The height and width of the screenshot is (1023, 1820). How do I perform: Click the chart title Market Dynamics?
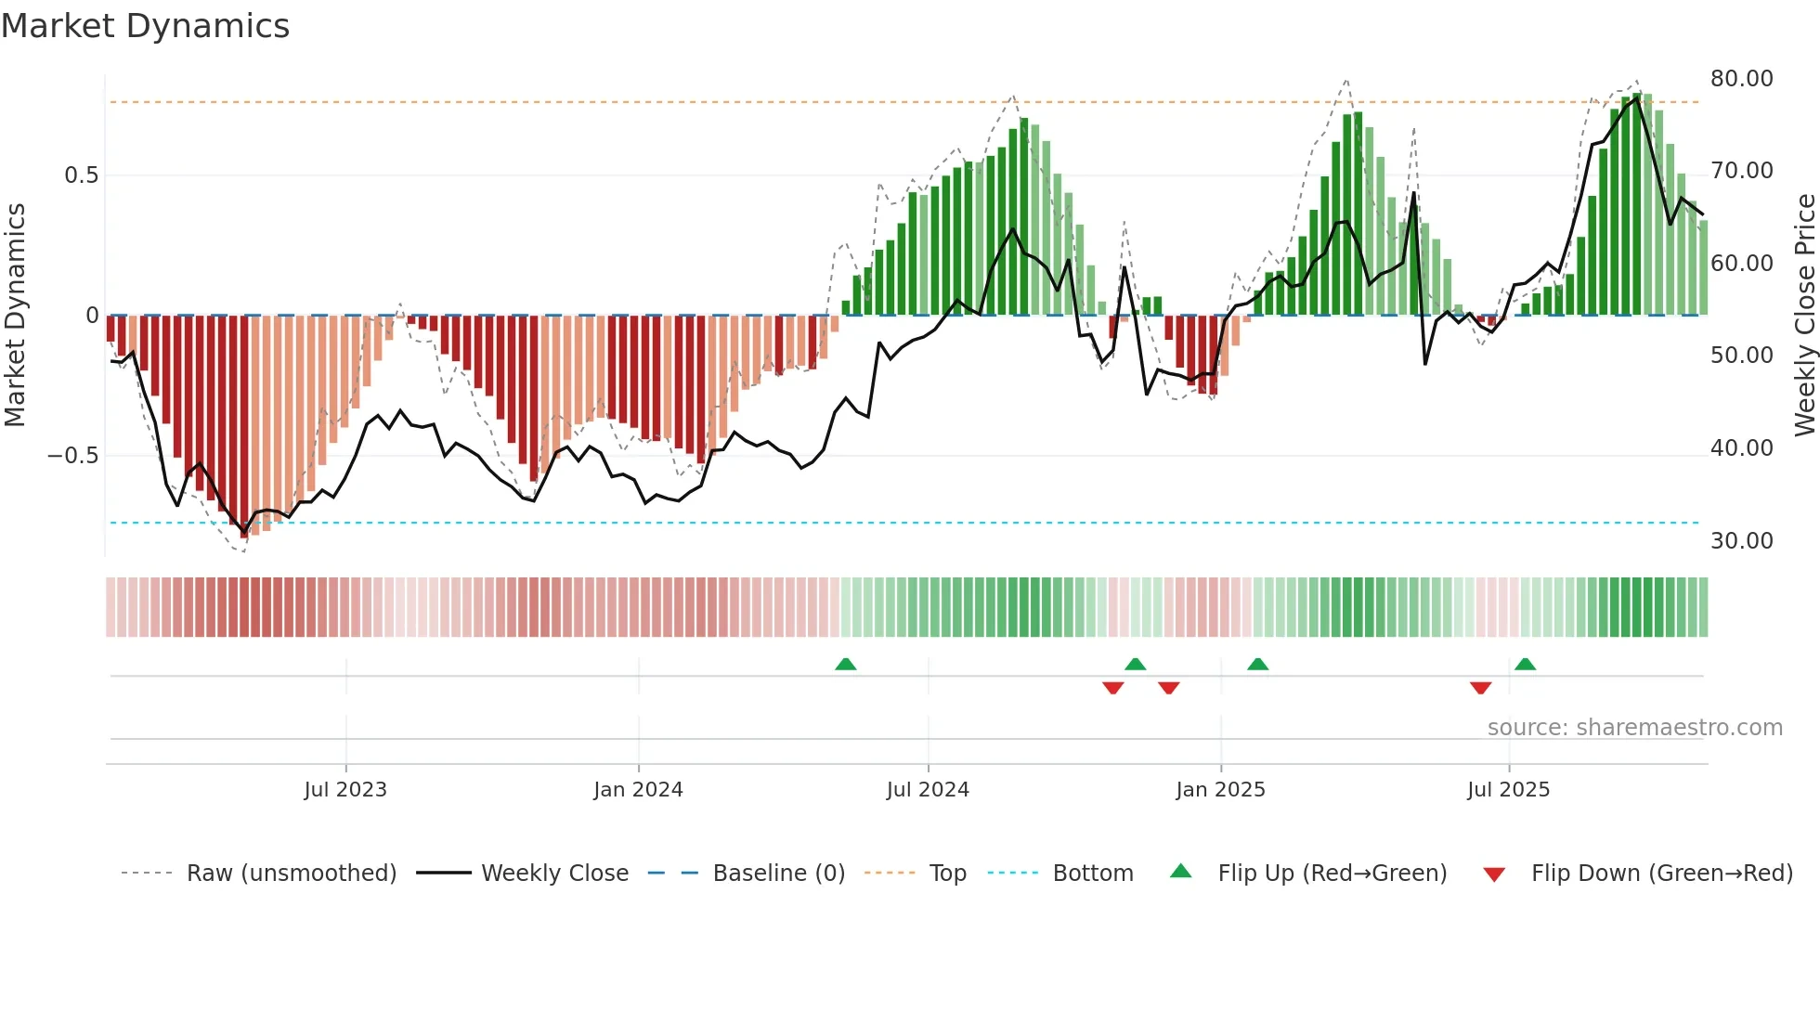pos(145,26)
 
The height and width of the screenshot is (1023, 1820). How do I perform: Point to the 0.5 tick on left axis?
pos(81,175)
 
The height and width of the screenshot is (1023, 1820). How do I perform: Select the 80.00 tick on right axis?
pos(1741,79)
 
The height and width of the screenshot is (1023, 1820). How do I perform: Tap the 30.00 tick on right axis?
pos(1741,541)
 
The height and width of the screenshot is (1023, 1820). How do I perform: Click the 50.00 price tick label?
pos(1741,356)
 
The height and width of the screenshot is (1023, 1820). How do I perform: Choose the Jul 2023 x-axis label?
pos(344,790)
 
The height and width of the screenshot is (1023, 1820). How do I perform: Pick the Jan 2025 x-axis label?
pos(1219,790)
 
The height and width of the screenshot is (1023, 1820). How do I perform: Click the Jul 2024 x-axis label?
pos(927,790)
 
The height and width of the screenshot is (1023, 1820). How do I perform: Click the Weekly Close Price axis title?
pos(1804,315)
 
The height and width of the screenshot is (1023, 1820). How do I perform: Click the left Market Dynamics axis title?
pos(15,315)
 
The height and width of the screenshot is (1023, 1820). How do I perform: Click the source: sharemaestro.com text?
pos(1634,728)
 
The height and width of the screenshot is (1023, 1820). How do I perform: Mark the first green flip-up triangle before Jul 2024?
pos(845,665)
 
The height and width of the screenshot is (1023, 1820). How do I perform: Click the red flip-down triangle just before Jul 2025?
pos(1480,688)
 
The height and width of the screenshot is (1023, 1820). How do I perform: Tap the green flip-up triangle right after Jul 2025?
pos(1525,665)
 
